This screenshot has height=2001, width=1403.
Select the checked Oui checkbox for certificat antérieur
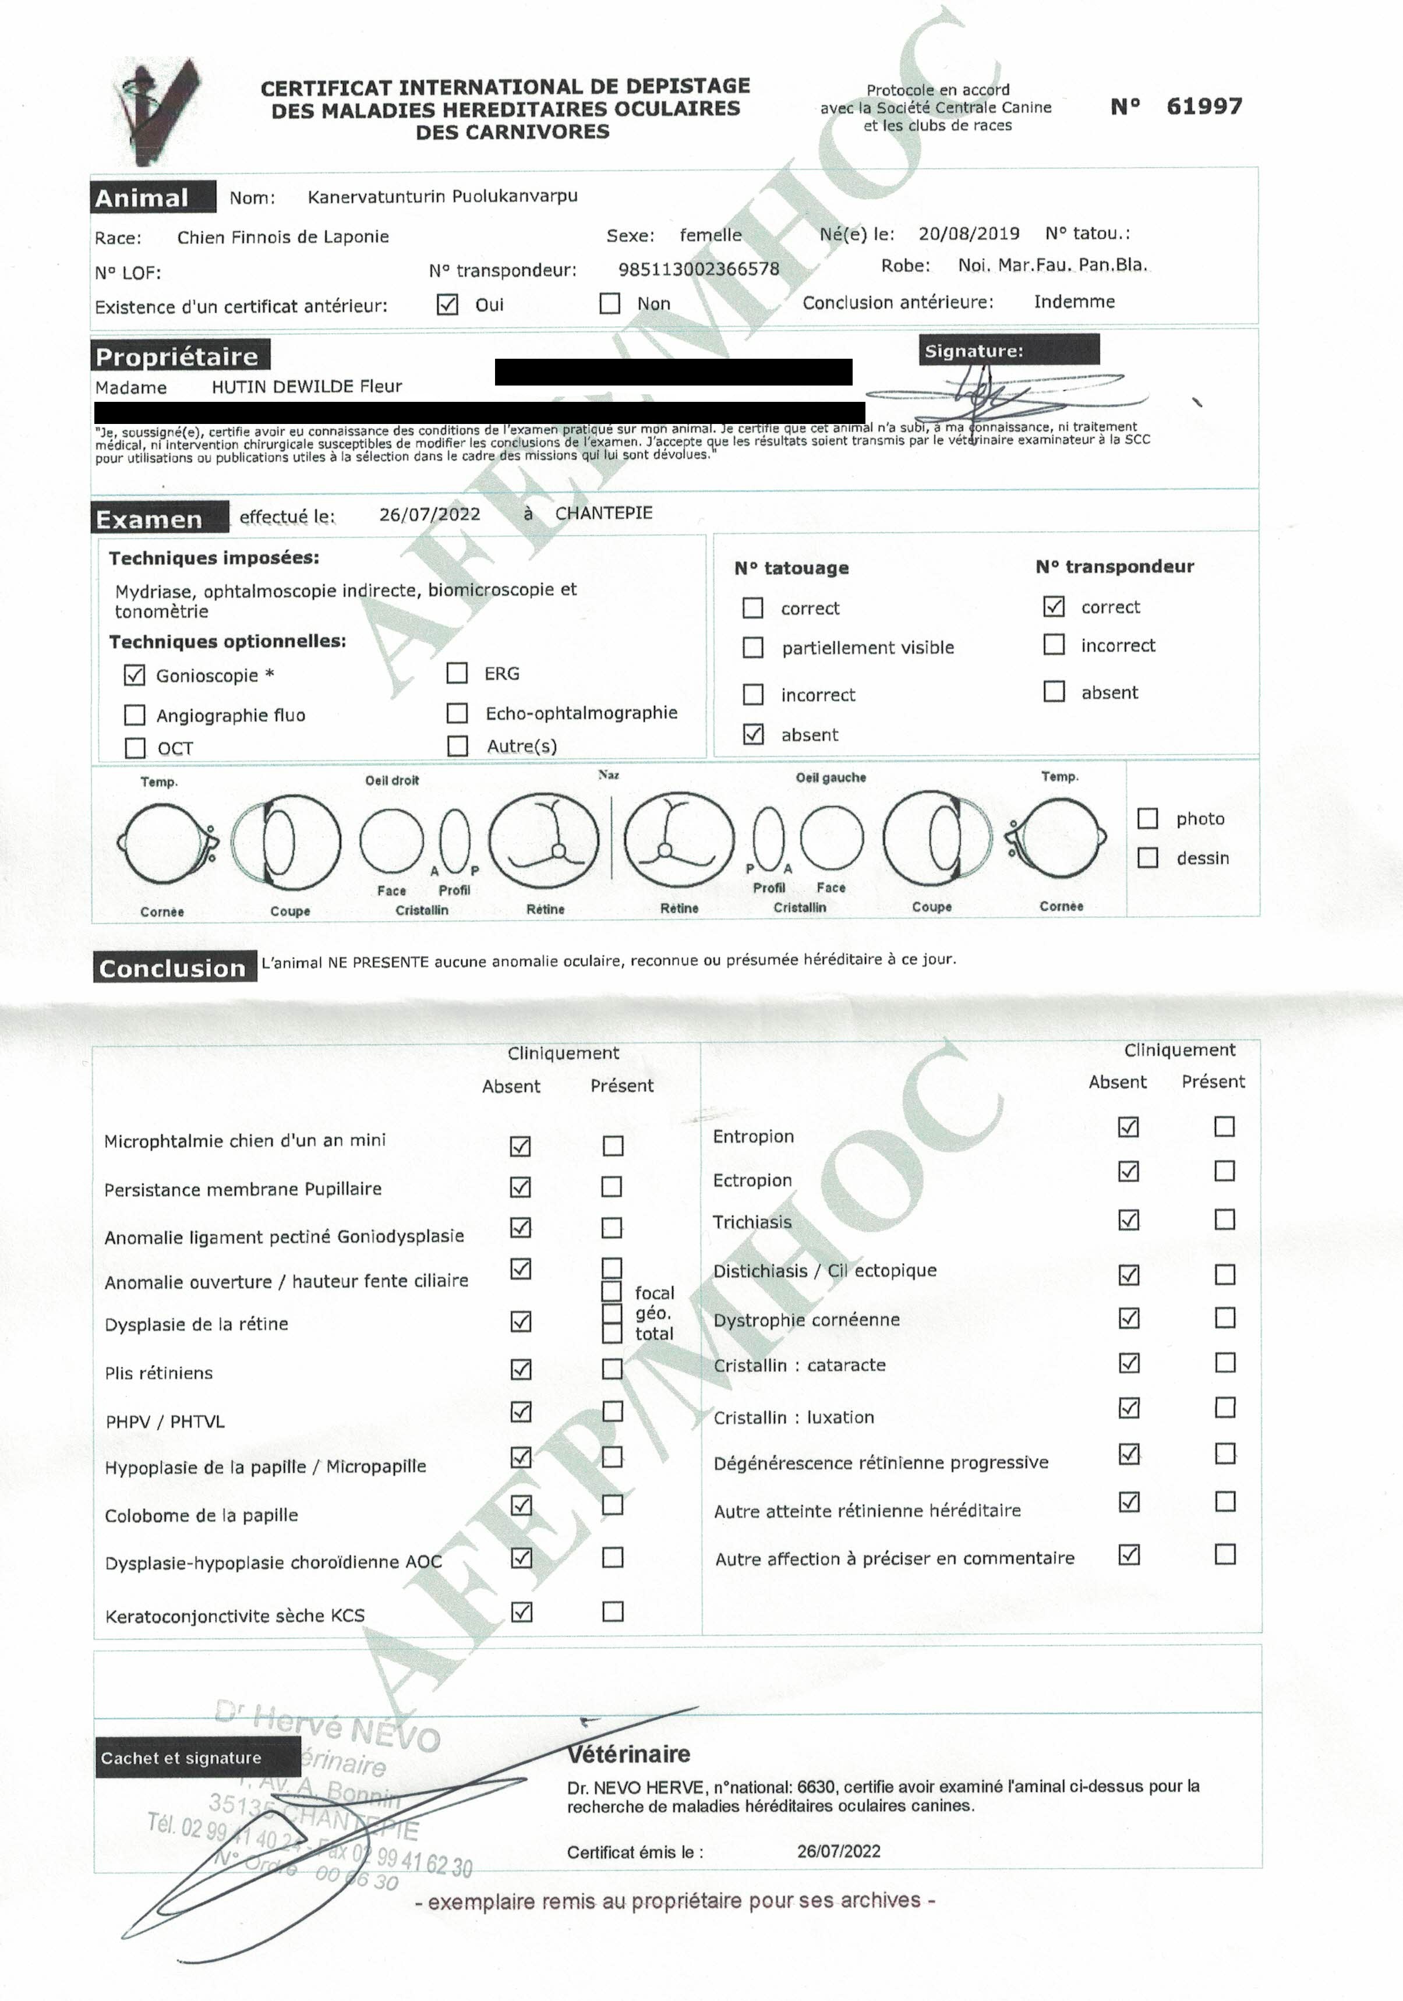tap(447, 304)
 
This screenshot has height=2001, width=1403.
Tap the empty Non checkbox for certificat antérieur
tap(610, 303)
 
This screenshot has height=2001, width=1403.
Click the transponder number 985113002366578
tap(699, 269)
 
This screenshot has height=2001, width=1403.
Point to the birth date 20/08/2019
tap(968, 234)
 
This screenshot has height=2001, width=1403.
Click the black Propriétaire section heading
tap(179, 356)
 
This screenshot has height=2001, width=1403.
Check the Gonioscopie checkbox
tap(134, 674)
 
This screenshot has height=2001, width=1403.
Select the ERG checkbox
tap(457, 673)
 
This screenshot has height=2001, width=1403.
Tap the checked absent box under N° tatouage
tap(753, 734)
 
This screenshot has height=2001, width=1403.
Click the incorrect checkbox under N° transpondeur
tap(1054, 644)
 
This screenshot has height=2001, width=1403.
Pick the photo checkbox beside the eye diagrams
tap(1148, 818)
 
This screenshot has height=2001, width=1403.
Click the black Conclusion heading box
tap(174, 967)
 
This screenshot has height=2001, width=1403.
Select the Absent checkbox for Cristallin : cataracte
tap(1129, 1362)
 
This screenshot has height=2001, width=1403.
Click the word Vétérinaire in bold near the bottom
tap(628, 1753)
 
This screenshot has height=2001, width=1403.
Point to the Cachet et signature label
tap(181, 1758)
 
